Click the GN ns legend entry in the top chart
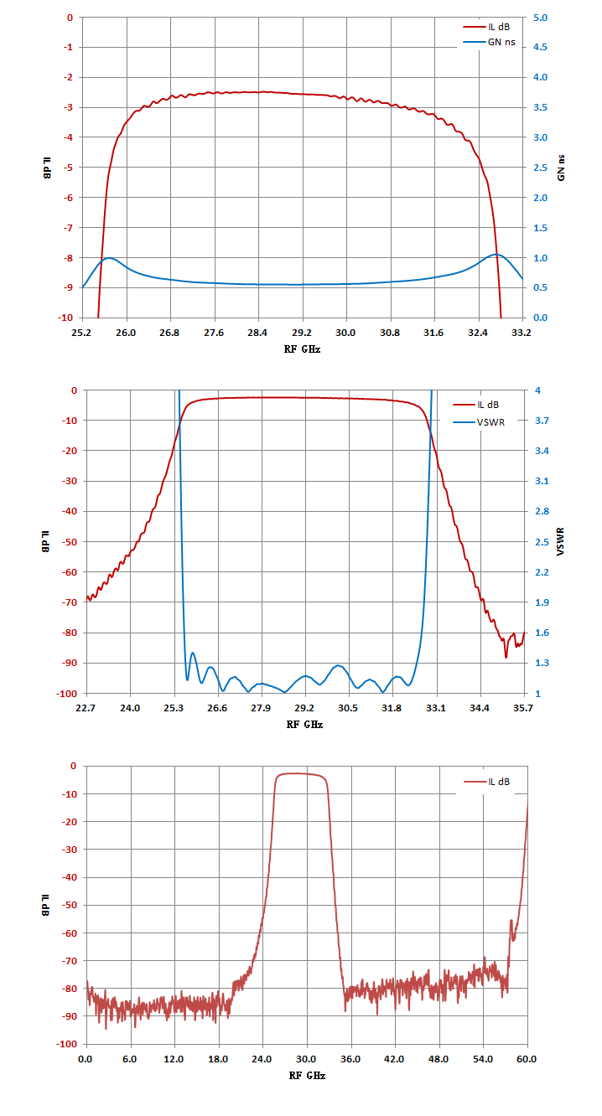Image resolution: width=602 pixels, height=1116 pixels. tap(489, 42)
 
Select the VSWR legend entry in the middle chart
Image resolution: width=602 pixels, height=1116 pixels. tap(479, 422)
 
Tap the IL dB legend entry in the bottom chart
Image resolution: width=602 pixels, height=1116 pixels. tap(487, 782)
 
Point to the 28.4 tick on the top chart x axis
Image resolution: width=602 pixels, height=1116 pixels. tap(257, 333)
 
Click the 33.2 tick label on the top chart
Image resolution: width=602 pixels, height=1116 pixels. tap(522, 333)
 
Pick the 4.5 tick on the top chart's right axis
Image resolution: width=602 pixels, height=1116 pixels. tap(540, 47)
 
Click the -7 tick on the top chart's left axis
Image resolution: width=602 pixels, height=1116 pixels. tap(68, 228)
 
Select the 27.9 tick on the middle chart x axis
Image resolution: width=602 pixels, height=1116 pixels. tap(261, 708)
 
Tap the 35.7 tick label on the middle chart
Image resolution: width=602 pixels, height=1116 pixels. tap(522, 708)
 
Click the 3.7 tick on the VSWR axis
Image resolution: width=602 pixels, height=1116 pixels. tap(542, 421)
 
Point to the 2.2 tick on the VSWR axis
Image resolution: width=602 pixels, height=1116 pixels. tap(542, 572)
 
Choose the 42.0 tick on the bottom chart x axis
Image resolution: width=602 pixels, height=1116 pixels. tap(394, 1059)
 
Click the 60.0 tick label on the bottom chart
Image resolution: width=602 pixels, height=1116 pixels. tap(527, 1059)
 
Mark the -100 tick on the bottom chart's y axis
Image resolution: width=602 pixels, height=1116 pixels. tap(68, 1044)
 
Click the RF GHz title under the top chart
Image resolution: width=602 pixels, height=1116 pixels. tap(302, 349)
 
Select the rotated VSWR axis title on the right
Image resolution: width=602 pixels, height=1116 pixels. tap(561, 541)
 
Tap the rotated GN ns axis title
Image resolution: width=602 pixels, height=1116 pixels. tap(561, 168)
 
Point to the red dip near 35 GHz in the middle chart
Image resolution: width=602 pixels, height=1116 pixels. tap(506, 657)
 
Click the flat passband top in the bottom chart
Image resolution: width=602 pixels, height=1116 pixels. tap(300, 773)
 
